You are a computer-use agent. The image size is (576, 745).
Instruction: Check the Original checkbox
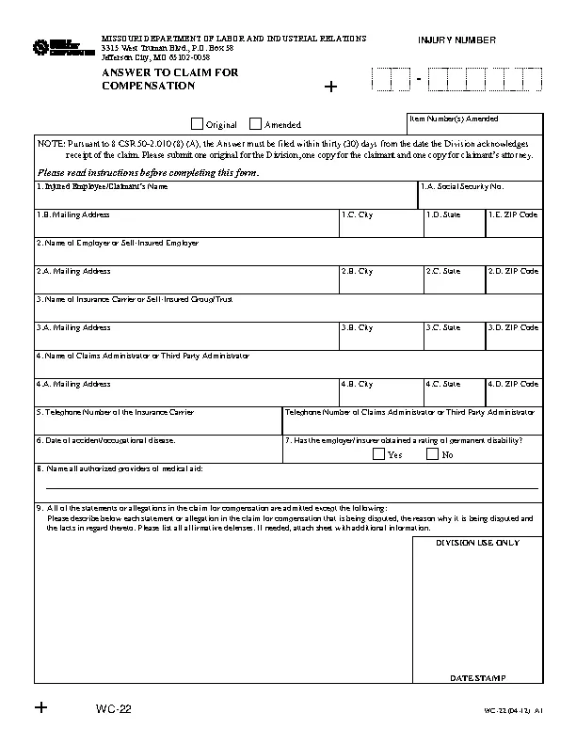[197, 123]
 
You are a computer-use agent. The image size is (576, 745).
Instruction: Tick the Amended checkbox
[255, 123]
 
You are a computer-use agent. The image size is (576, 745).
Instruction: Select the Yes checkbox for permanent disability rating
[378, 454]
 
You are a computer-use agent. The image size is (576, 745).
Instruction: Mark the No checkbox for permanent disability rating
[432, 454]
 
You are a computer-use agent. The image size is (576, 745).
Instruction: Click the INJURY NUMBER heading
[456, 40]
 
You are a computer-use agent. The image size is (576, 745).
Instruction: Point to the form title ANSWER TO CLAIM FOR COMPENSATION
[156, 79]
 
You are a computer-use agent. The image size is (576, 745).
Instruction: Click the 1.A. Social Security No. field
[480, 198]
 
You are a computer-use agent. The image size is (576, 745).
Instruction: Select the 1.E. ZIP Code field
[513, 227]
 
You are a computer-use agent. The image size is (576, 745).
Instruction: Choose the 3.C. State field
[453, 340]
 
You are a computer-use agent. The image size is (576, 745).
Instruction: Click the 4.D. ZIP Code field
[513, 396]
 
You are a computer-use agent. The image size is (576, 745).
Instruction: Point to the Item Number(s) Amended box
[474, 124]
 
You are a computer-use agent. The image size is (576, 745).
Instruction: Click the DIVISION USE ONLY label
[477, 543]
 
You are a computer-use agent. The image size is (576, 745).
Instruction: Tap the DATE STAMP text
[477, 677]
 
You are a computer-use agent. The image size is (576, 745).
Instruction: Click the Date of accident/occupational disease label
[105, 440]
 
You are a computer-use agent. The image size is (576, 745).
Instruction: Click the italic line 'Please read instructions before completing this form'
[147, 172]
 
